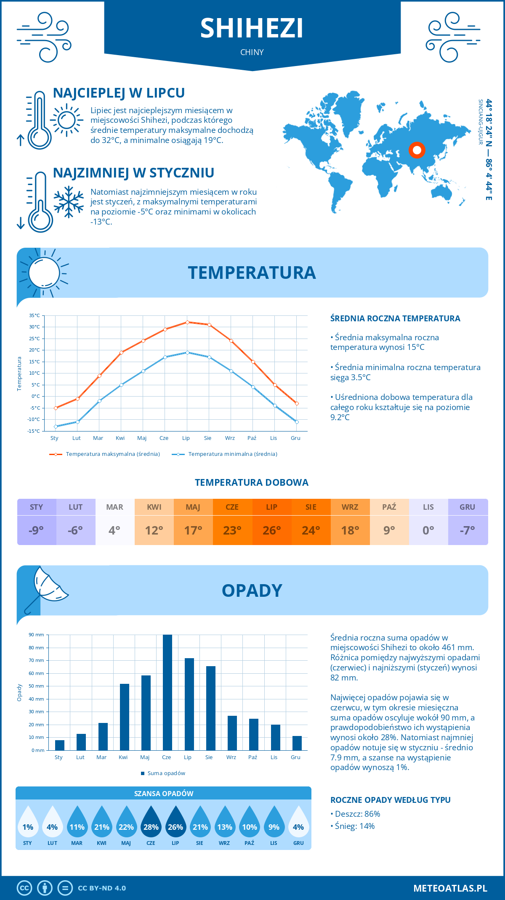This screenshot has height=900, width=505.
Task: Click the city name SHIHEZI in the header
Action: point(252,29)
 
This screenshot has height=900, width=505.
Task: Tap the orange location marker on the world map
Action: point(417,150)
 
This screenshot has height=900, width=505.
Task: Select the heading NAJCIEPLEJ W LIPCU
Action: point(119,93)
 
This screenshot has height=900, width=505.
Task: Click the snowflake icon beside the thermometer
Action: point(69,202)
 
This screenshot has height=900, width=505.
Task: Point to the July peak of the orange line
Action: point(187,322)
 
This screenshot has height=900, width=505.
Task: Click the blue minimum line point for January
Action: point(56,426)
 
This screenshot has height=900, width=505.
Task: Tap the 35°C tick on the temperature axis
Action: point(35,315)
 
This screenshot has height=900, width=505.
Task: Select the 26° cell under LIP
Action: point(271,530)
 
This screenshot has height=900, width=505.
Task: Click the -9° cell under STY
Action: point(37,530)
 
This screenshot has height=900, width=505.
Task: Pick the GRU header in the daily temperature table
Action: point(468,507)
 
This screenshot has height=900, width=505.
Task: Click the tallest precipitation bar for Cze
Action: point(167,692)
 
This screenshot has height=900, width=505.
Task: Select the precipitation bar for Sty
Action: point(60,745)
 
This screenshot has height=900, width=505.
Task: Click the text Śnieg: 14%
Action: point(354,826)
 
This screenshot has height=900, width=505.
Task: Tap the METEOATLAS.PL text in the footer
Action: point(450,888)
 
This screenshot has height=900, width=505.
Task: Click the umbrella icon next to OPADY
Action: point(44,589)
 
